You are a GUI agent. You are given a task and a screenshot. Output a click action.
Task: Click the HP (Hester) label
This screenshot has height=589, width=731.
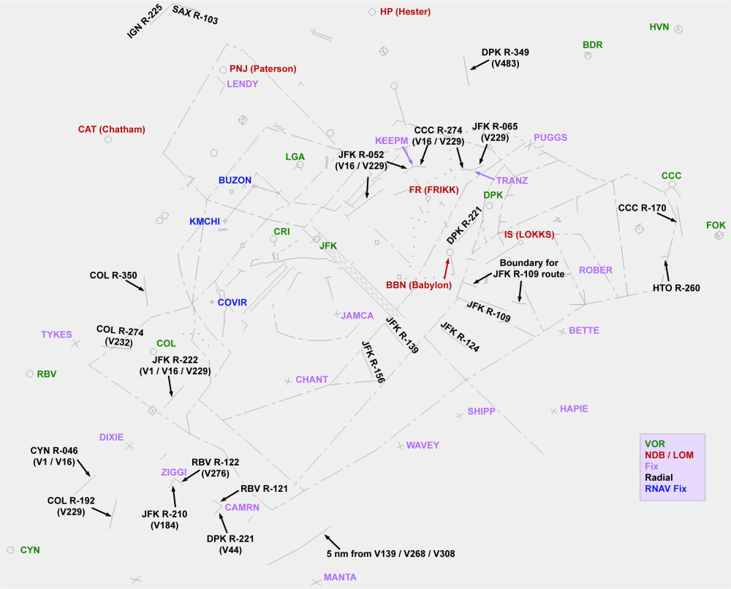pyautogui.click(x=405, y=12)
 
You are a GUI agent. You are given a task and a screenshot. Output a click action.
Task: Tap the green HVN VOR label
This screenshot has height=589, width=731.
pyautogui.click(x=659, y=28)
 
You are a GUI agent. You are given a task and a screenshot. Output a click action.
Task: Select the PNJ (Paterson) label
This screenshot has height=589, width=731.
pyautogui.click(x=262, y=69)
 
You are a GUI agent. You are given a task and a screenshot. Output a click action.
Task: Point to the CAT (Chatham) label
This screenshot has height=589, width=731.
pyautogui.click(x=111, y=129)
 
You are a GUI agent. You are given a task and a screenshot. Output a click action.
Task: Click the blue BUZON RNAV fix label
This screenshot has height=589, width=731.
pyautogui.click(x=235, y=180)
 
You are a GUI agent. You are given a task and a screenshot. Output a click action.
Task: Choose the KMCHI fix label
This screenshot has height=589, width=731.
pyautogui.click(x=205, y=221)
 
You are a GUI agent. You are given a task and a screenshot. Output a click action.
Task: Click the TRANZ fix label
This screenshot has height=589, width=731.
pyautogui.click(x=512, y=180)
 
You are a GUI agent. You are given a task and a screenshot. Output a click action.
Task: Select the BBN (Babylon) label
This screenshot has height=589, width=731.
pyautogui.click(x=419, y=285)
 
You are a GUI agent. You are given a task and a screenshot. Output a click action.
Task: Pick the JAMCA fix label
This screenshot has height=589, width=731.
pyautogui.click(x=357, y=316)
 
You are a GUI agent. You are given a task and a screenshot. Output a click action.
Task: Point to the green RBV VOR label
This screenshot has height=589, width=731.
pyautogui.click(x=46, y=373)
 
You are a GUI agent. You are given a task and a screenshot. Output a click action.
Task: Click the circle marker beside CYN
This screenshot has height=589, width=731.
pyautogui.click(x=10, y=549)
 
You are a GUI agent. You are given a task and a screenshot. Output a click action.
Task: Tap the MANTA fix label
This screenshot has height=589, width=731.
pyautogui.click(x=340, y=577)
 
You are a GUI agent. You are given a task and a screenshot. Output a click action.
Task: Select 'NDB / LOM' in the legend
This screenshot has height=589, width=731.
pyautogui.click(x=669, y=455)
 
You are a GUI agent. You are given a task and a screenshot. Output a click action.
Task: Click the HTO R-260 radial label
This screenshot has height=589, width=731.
pyautogui.click(x=676, y=288)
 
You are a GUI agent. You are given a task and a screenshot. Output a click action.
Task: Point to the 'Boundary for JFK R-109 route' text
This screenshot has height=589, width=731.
pyautogui.click(x=531, y=268)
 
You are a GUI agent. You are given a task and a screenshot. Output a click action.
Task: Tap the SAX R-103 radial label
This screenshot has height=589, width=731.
pyautogui.click(x=195, y=15)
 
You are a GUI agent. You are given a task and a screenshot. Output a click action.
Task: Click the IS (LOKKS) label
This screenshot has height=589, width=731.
pyautogui.click(x=529, y=235)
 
